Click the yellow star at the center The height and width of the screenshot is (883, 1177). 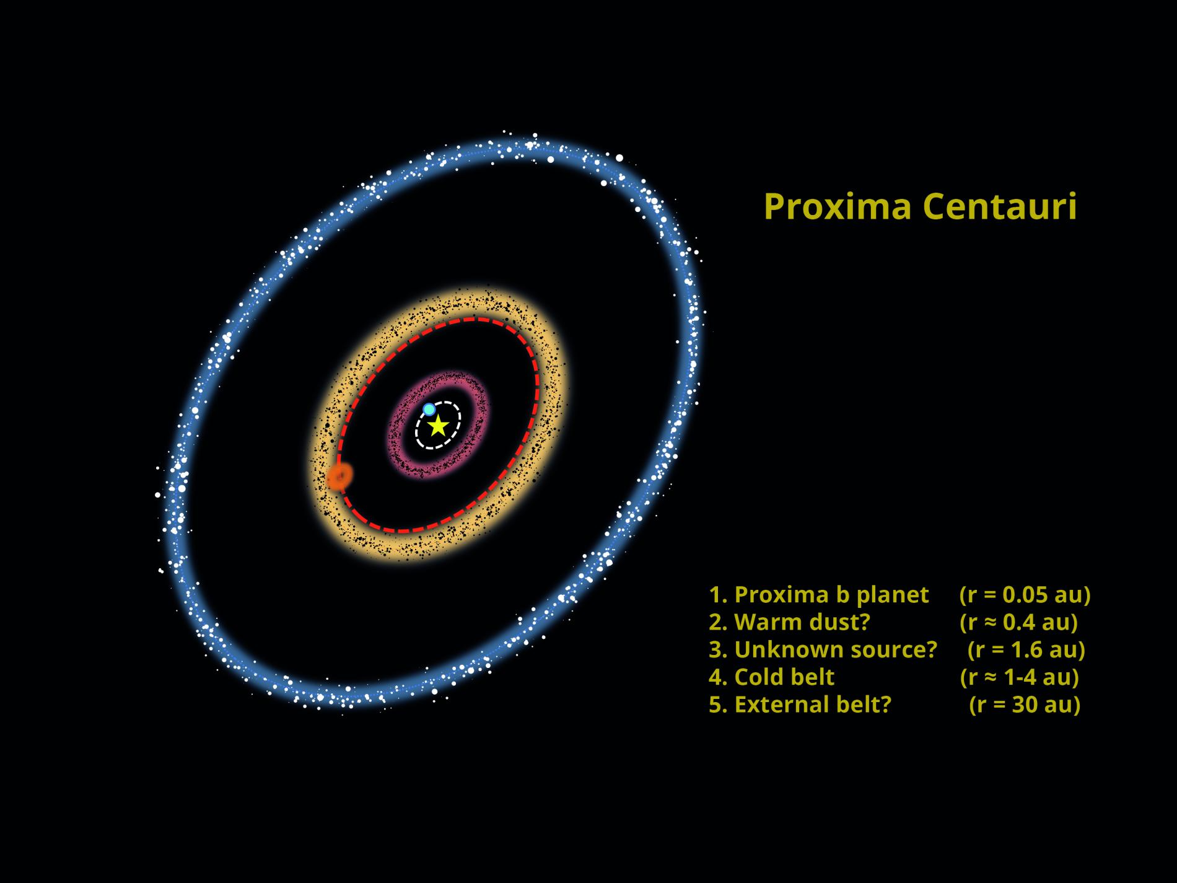[x=438, y=425]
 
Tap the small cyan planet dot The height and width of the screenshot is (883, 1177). [x=429, y=409]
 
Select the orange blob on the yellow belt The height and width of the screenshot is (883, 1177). [x=339, y=477]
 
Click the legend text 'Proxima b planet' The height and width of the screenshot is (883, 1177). [x=831, y=595]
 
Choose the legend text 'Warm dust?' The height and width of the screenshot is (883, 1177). [x=802, y=622]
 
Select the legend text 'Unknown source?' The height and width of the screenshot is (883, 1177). [x=835, y=649]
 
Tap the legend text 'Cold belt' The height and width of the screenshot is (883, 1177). [x=784, y=677]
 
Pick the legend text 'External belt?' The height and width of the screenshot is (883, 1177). [x=812, y=705]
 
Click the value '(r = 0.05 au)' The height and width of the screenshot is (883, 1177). [x=1025, y=595]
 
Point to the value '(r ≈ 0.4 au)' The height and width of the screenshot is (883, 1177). [x=1018, y=622]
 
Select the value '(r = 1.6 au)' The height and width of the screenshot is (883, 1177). [x=1026, y=649]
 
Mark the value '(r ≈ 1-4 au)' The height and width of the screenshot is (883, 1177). [x=1019, y=677]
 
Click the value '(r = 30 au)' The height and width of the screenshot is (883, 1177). [x=1025, y=705]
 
